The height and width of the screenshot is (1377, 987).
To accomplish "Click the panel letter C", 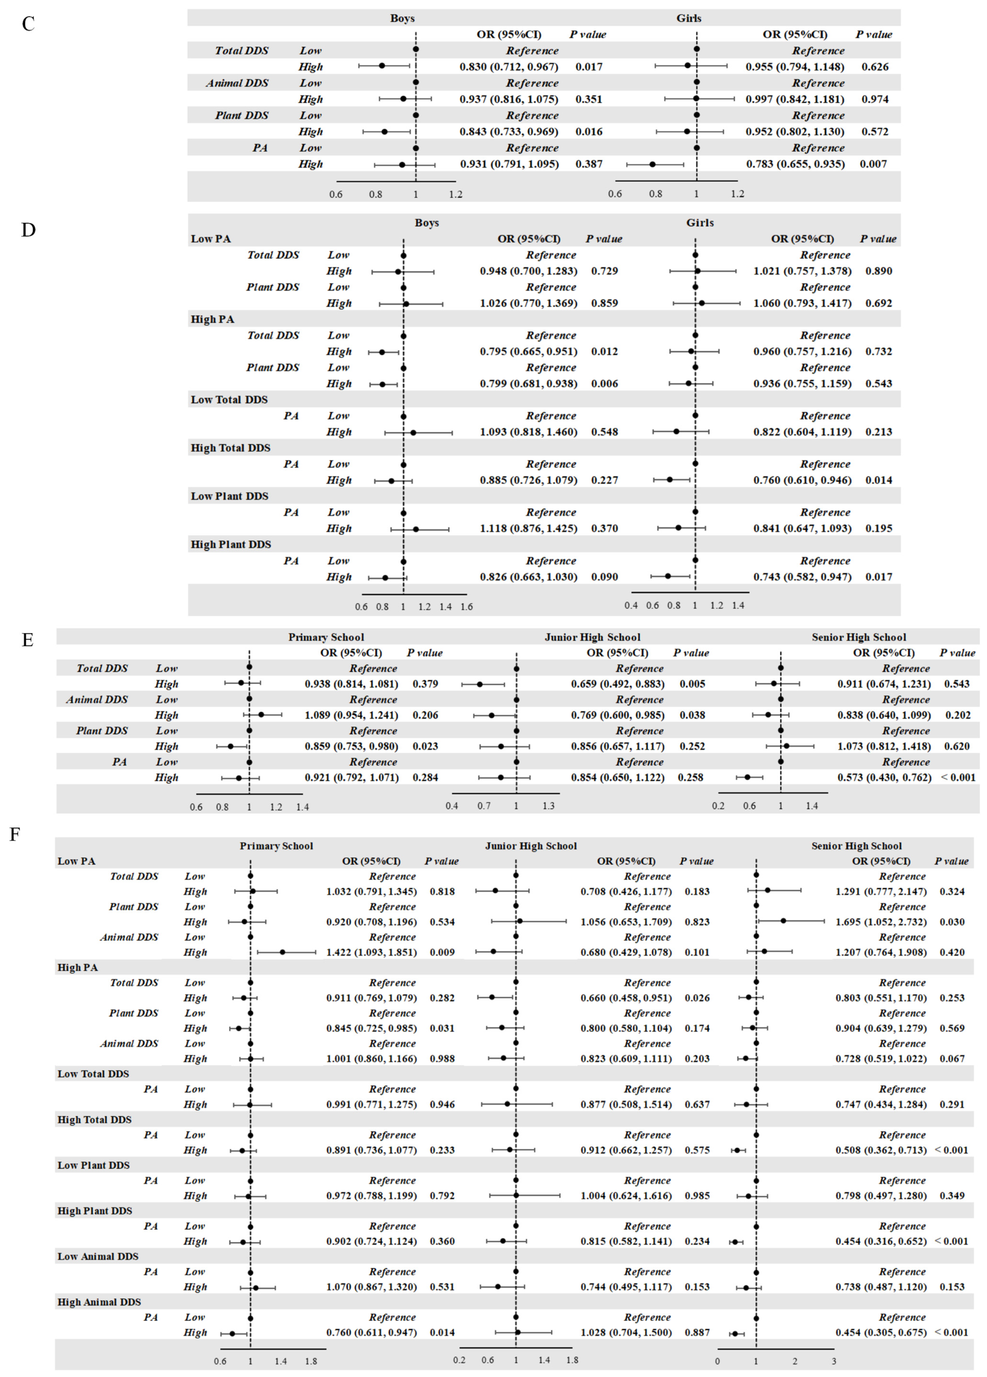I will point(28,24).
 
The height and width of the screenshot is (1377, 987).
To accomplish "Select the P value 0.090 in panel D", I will point(605,577).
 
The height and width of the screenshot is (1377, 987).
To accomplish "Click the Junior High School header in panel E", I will point(592,637).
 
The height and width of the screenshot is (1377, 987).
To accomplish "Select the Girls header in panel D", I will point(700,223).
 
